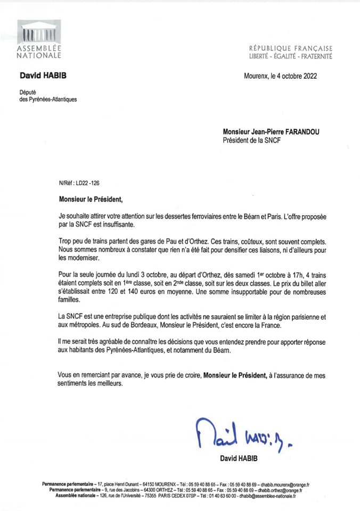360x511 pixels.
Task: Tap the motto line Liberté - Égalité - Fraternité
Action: (290, 56)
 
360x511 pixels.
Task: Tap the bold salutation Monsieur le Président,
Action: (91, 200)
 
